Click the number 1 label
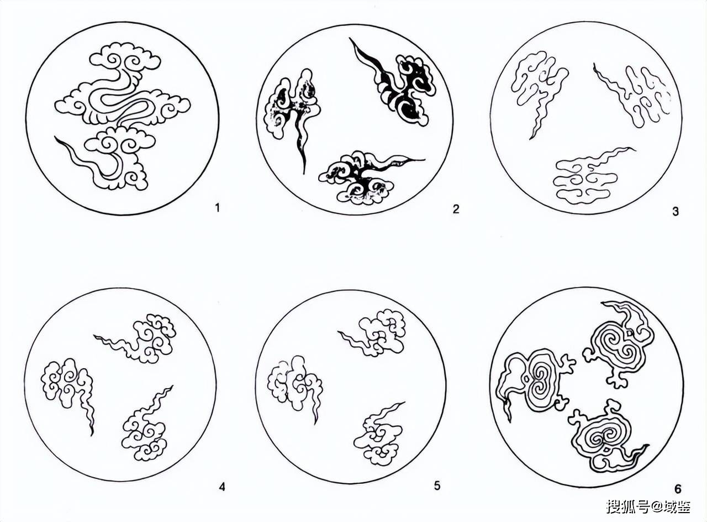coord(217,208)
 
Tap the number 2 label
coord(456,209)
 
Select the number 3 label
coord(675,211)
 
